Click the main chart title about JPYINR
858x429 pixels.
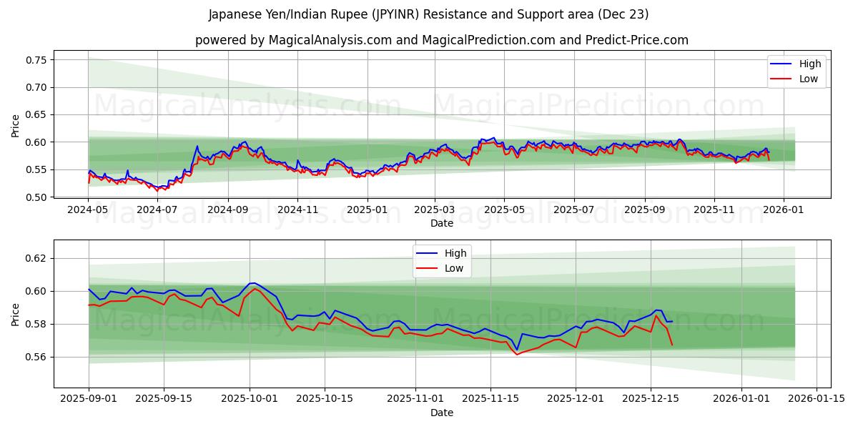pyautogui.click(x=429, y=14)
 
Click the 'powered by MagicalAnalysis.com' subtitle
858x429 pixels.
pyautogui.click(x=442, y=40)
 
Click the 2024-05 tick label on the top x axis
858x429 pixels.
pyautogui.click(x=89, y=210)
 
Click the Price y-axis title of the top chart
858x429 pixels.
pyautogui.click(x=16, y=126)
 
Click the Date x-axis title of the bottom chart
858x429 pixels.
pyautogui.click(x=442, y=413)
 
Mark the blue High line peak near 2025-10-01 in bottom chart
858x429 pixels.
pyautogui.click(x=252, y=283)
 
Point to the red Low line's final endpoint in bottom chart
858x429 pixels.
pyautogui.click(x=671, y=345)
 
